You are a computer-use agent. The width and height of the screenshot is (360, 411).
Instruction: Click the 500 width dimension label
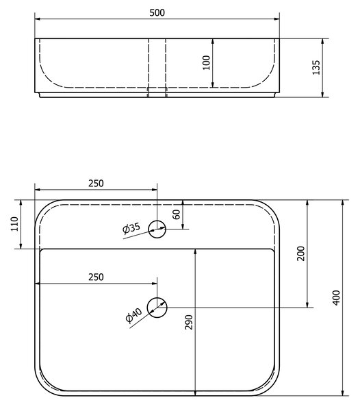[157, 12]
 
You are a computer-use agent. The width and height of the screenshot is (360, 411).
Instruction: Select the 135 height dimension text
[316, 67]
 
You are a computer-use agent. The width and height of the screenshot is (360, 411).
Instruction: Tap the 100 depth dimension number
[207, 62]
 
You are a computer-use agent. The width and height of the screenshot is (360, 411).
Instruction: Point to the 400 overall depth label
[336, 297]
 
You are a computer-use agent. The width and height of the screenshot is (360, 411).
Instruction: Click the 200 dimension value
[301, 253]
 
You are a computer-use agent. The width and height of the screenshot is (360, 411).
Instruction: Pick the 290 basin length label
[189, 322]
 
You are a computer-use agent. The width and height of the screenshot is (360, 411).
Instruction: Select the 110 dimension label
[14, 224]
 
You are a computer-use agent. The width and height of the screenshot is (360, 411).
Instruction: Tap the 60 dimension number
[177, 214]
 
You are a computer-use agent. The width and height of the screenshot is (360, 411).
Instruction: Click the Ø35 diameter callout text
[131, 228]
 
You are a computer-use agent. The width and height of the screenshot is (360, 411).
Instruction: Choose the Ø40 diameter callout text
[133, 315]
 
